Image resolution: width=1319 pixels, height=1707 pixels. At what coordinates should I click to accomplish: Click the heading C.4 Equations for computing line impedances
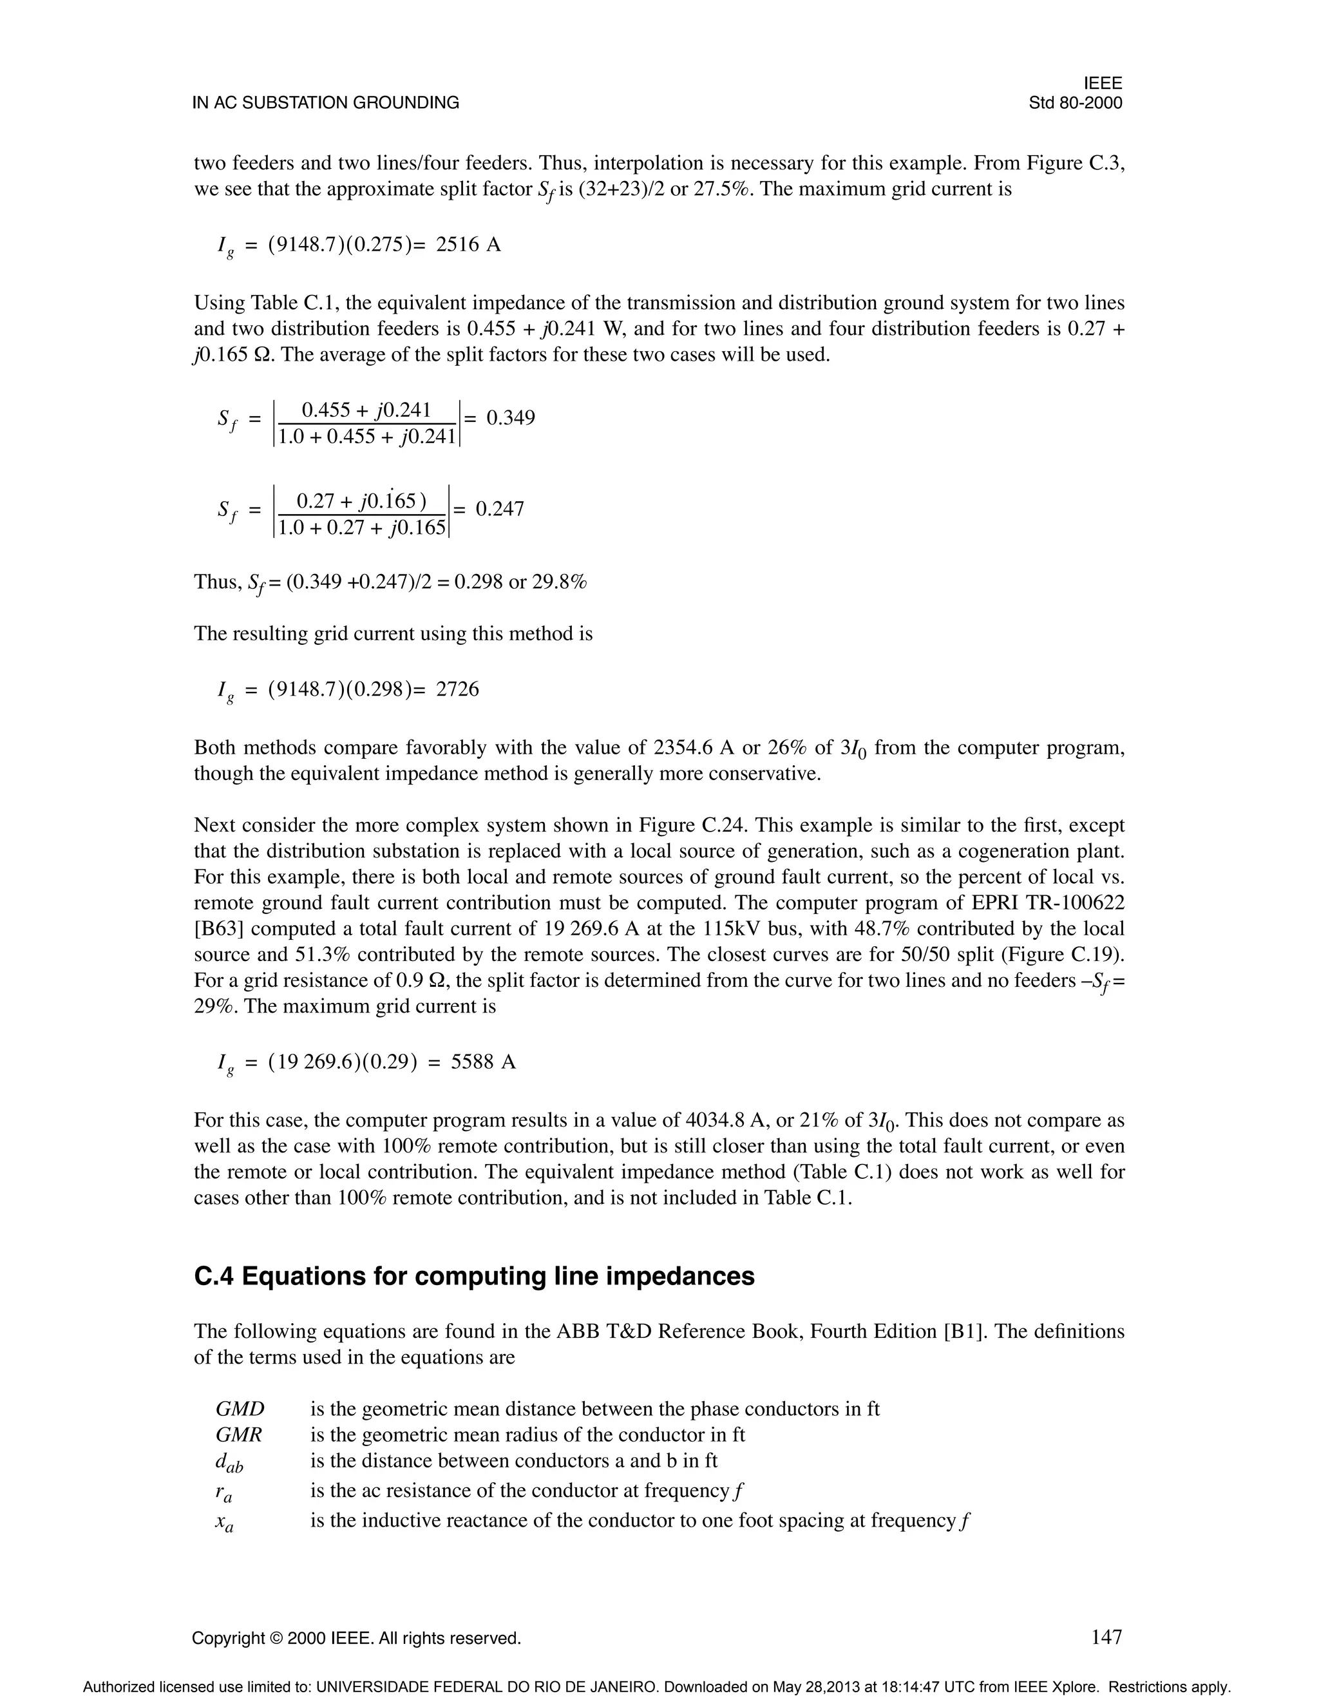tap(474, 1276)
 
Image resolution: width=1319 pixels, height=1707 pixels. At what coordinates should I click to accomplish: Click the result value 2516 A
tap(468, 245)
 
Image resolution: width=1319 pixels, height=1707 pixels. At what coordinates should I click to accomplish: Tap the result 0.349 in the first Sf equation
tap(510, 417)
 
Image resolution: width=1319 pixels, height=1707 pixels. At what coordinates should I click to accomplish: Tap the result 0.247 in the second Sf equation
tap(499, 510)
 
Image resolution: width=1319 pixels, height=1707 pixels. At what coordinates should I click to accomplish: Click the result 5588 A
tap(483, 1062)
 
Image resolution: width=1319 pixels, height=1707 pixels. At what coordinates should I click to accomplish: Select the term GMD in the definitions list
tap(240, 1409)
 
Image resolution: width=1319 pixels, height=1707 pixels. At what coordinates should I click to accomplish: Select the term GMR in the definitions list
tap(238, 1435)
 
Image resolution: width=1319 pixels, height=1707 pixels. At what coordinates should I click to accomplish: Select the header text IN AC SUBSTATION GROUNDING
tap(326, 103)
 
